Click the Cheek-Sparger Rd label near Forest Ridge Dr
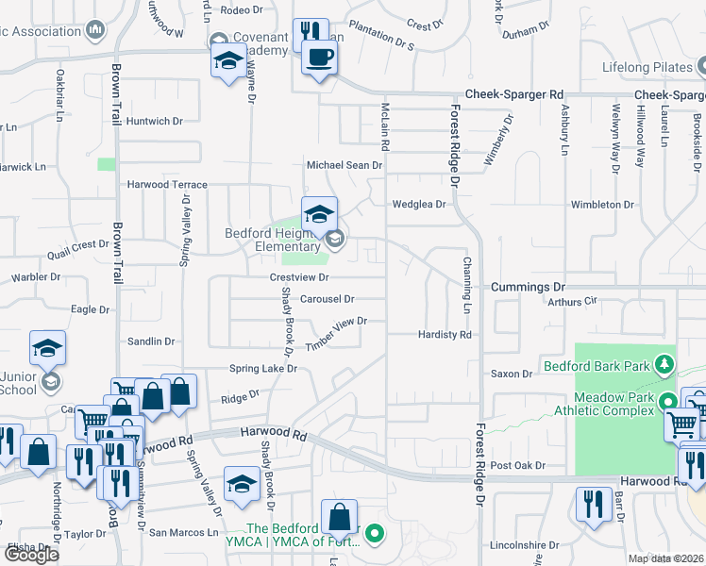pyautogui.click(x=514, y=95)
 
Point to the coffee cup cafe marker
pyautogui.click(x=318, y=58)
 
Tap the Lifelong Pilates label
pyautogui.click(x=647, y=68)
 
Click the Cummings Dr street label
pyautogui.click(x=527, y=287)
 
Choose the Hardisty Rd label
pyautogui.click(x=445, y=335)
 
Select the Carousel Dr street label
pyautogui.click(x=327, y=299)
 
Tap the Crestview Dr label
pyautogui.click(x=298, y=277)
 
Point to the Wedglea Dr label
pyautogui.click(x=419, y=204)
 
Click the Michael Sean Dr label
pyautogui.click(x=344, y=165)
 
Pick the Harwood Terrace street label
pyautogui.click(x=167, y=185)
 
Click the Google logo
pyautogui.click(x=31, y=554)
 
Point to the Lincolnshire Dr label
pyautogui.click(x=524, y=545)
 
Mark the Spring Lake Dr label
pyautogui.click(x=263, y=368)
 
